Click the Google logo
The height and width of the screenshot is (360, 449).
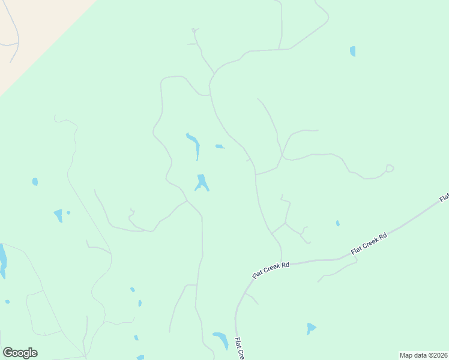point(20,353)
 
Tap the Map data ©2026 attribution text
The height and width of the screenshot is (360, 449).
point(423,355)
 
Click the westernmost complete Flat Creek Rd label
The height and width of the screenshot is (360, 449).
point(271,269)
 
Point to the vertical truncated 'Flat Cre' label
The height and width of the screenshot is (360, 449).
point(238,348)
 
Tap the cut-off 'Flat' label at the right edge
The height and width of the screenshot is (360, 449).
point(444,197)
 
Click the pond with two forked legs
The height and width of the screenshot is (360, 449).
point(202,182)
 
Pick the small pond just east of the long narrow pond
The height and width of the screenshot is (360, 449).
point(220,146)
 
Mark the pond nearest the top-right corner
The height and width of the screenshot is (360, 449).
point(352,52)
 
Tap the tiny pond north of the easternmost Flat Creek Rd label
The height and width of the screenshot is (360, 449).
point(338,223)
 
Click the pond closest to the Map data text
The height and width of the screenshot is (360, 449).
point(310,328)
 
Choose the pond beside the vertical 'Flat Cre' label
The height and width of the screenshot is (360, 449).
point(220,340)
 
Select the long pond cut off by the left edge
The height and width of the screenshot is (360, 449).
point(2,260)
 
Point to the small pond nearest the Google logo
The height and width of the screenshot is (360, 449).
point(7,302)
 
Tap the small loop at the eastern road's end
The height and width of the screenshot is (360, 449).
point(390,169)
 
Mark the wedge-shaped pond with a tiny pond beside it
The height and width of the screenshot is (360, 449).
point(58,215)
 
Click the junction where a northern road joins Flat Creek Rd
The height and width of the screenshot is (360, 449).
point(281,263)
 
